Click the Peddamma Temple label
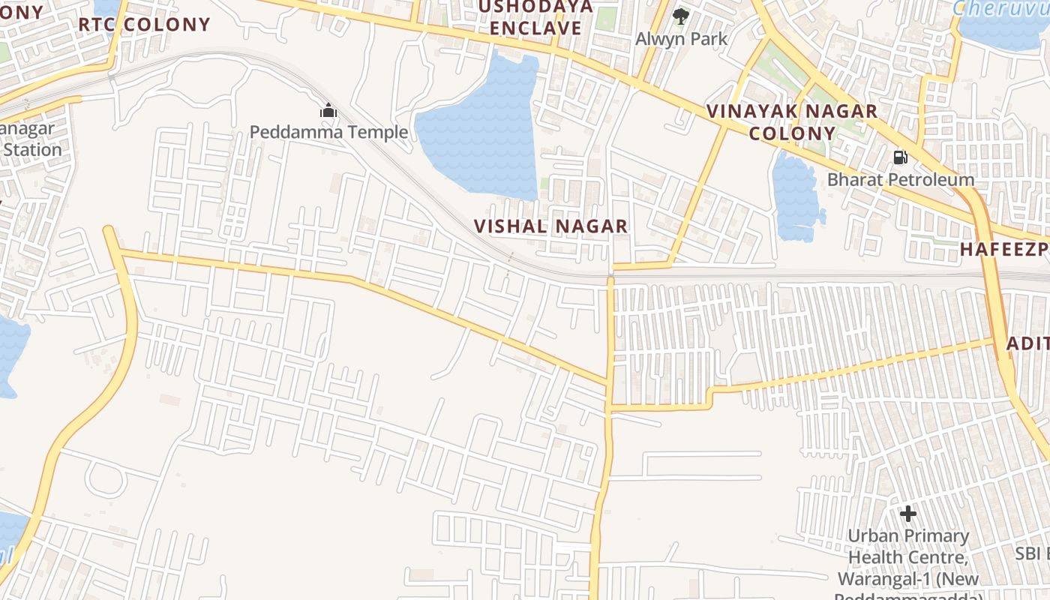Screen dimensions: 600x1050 (328, 133)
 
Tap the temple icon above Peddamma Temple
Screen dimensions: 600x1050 (328, 111)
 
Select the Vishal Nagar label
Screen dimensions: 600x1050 (550, 226)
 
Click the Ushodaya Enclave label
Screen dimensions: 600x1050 (535, 17)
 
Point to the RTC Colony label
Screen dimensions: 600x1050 (144, 24)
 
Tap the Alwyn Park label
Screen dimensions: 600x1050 (681, 38)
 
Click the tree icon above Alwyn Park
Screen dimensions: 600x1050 (680, 16)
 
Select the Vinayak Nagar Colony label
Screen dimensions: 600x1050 (792, 122)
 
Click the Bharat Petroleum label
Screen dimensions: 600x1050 (901, 180)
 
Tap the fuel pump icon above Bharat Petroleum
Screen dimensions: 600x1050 (900, 157)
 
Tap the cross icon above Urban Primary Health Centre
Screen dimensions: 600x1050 (908, 514)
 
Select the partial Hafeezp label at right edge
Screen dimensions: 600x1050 (1005, 250)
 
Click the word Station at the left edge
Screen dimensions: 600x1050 (31, 150)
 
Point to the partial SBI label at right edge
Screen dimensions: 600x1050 (1031, 553)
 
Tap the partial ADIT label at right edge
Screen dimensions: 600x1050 (1027, 343)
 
